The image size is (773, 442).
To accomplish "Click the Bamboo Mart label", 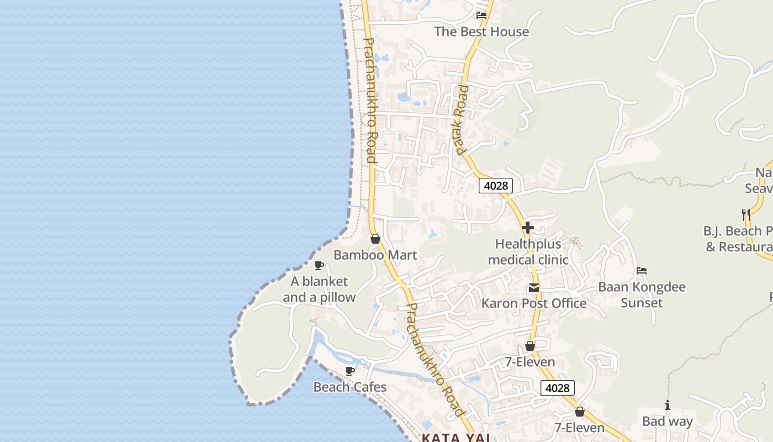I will point(375,255).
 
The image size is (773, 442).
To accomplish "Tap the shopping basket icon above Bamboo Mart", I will point(375,239).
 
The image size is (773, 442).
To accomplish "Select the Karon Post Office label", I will point(534,303).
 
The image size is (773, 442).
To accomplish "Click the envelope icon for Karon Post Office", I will point(534,288).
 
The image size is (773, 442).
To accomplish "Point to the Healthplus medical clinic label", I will point(528,252).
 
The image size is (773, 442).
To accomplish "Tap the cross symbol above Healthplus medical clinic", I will point(528,227).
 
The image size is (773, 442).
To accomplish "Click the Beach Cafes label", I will point(350,387).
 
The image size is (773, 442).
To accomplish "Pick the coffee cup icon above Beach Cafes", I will point(350,371).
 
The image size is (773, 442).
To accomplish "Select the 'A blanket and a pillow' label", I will point(319,290).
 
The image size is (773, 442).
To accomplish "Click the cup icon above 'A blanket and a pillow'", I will point(319,265).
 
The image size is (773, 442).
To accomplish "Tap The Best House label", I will point(481,31).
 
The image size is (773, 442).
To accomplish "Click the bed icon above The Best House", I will point(481,15).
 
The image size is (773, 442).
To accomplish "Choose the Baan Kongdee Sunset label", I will point(642,295).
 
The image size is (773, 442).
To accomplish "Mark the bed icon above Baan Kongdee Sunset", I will point(642,271).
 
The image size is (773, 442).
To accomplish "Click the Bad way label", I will point(667,422).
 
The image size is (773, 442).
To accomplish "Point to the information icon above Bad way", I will point(668,406).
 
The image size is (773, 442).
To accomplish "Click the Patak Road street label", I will point(460,119).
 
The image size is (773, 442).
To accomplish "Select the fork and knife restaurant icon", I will point(746,214).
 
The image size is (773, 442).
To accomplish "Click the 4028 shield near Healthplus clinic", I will point(495,186).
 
